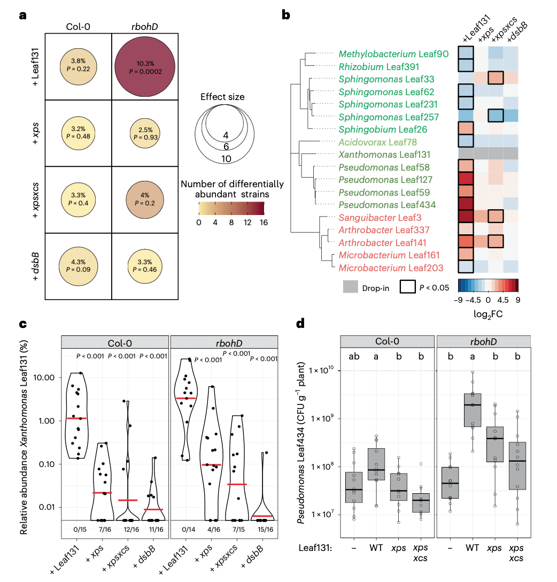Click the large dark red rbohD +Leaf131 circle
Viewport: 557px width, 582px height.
coord(145,66)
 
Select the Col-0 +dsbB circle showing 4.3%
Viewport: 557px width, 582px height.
coord(78,266)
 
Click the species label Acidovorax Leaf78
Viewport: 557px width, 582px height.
coord(381,142)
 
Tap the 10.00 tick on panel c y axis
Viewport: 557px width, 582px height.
coord(47,377)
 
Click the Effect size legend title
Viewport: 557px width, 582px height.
coord(222,97)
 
